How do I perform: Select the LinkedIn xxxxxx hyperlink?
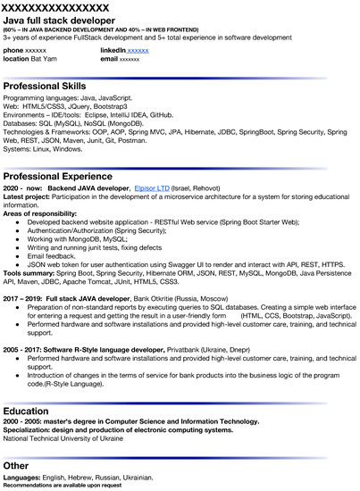coord(138,51)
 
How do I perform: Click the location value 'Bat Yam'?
coord(46,58)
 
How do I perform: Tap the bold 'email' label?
coord(109,58)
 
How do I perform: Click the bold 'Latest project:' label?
coord(29,197)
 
